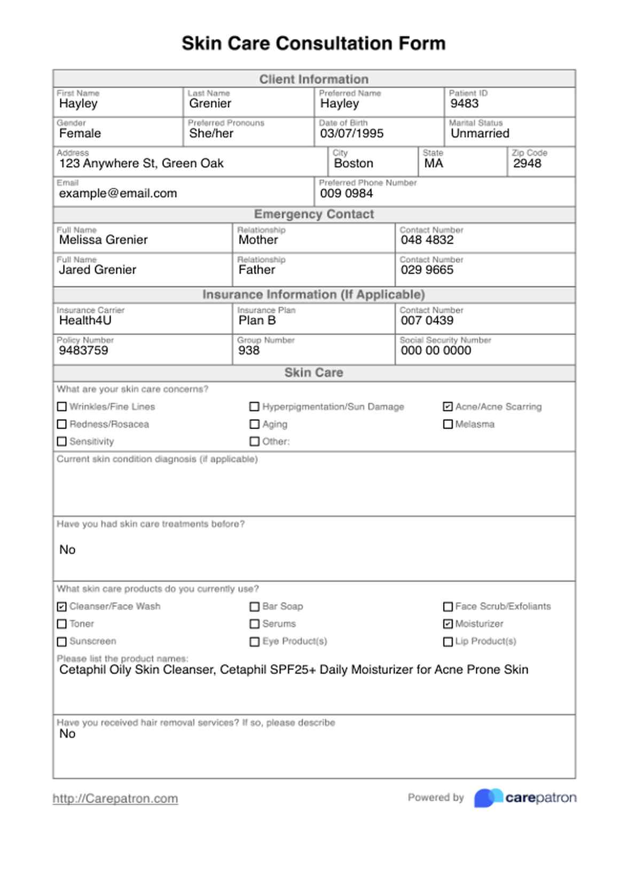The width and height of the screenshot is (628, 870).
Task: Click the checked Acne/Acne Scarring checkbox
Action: (x=448, y=407)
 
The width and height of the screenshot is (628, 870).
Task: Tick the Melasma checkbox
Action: (x=448, y=424)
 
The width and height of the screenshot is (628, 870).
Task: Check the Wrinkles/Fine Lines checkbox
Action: (x=62, y=407)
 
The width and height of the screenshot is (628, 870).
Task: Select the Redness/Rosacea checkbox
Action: (x=62, y=424)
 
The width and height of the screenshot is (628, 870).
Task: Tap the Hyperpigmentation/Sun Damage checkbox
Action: (x=255, y=407)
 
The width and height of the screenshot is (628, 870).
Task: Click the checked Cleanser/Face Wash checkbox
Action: (x=62, y=606)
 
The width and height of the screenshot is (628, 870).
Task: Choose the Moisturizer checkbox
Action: (x=448, y=624)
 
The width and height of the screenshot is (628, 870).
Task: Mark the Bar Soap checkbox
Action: (x=255, y=606)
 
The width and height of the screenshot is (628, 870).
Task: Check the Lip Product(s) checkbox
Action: (x=448, y=642)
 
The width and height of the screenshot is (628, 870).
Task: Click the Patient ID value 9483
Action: (x=464, y=104)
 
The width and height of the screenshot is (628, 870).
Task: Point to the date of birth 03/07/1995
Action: (x=351, y=133)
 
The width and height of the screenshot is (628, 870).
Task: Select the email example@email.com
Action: (x=118, y=193)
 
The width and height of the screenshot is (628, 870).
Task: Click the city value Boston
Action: (x=354, y=163)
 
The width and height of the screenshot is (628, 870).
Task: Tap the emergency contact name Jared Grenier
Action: (x=98, y=270)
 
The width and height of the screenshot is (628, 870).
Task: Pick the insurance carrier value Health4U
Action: (x=85, y=320)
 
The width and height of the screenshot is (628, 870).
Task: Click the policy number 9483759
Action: (x=84, y=350)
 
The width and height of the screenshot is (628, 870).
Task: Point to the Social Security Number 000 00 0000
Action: (x=436, y=350)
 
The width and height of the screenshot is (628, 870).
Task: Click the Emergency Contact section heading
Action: (x=314, y=214)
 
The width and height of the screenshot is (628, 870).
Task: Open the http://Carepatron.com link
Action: (x=115, y=798)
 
